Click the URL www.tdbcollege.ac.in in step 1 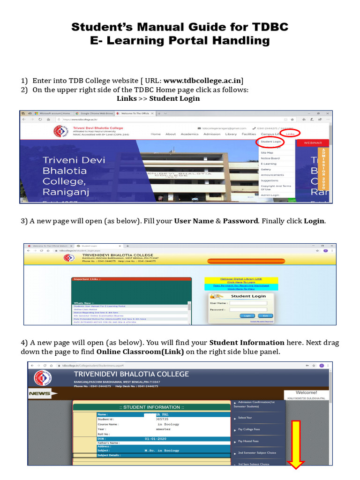tap(202, 80)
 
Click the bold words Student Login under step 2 tap(174, 98)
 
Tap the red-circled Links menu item tap(290, 134)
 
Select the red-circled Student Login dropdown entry tap(270, 142)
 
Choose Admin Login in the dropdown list tap(270, 195)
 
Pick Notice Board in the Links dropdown tap(270, 158)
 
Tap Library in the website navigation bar tap(231, 134)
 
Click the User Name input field tap(248, 303)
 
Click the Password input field tap(248, 310)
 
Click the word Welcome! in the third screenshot tap(307, 392)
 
